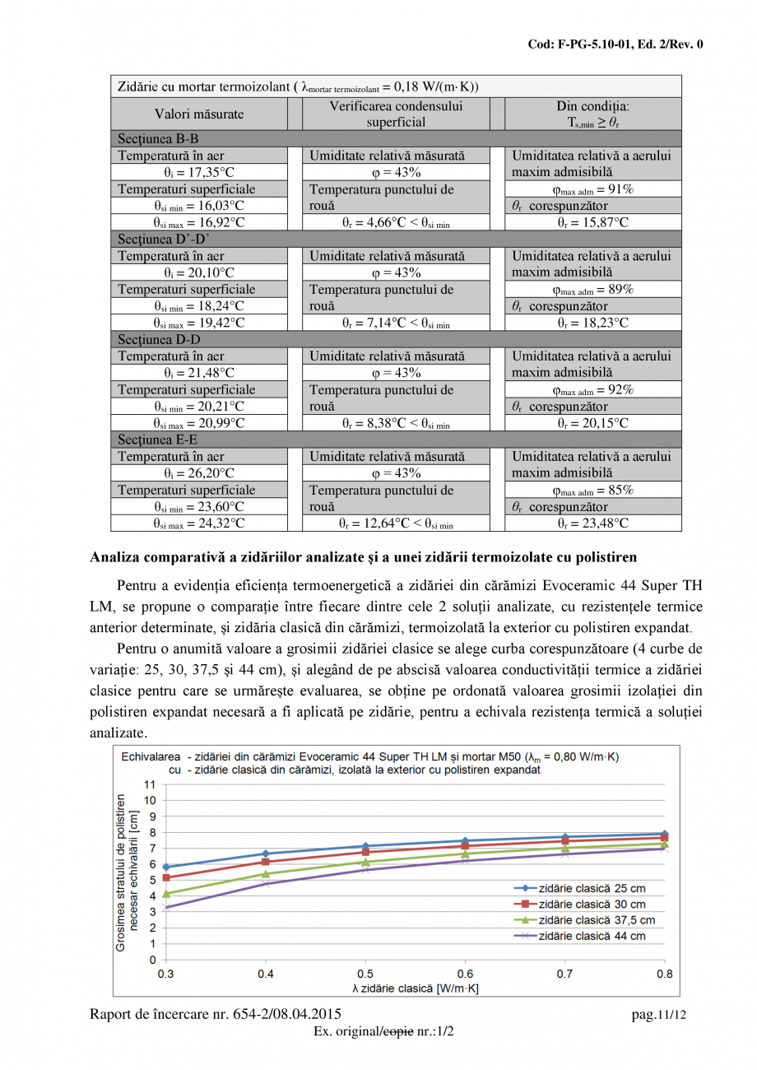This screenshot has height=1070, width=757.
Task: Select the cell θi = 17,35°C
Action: pos(198,173)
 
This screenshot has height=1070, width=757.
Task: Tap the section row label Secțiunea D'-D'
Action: pos(164,239)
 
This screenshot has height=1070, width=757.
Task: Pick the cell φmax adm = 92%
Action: pos(592,390)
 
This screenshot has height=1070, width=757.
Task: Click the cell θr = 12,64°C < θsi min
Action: pos(396,523)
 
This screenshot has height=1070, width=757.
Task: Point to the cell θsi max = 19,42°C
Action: pos(198,323)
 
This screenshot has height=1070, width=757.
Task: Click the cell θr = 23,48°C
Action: pos(592,523)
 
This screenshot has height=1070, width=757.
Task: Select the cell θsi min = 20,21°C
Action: pos(198,407)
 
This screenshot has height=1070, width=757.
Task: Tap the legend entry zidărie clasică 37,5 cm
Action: pos(596,920)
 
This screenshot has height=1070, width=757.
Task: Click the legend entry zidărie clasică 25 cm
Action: pos(590,888)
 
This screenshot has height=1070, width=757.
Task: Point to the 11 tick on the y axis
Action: pos(150,784)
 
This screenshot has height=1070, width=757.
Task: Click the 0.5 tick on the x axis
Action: pos(365,974)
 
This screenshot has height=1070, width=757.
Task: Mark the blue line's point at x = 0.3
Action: pos(166,867)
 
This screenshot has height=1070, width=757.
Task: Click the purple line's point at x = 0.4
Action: pos(266,884)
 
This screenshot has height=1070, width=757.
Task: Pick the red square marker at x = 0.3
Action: pos(166,877)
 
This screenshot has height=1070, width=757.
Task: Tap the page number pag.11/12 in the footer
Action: pos(657,1016)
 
